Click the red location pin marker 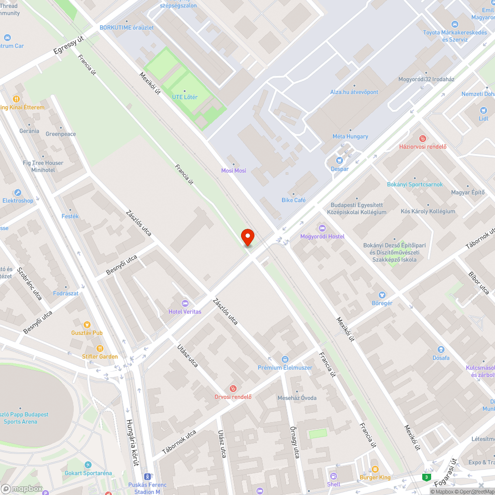247,236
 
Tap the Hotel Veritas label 185,311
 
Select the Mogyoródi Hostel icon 322,228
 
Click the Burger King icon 375,469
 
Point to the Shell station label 334,484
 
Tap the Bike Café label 294,200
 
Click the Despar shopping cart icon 340,160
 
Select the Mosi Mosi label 234,171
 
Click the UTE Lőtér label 185,97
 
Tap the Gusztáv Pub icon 87,325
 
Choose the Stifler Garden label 100,356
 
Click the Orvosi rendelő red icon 233,388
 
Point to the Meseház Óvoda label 297,397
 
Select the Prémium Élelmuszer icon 285,359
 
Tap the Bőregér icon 382,295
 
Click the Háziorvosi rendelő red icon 423,138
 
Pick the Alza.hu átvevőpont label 354,92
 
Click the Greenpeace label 61,134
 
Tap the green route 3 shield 426,477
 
